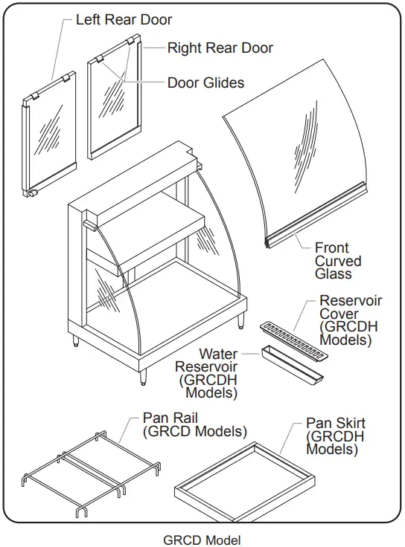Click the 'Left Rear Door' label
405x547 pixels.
coord(124,20)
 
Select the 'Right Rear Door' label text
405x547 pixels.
coord(220,48)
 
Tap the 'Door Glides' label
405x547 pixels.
coord(205,82)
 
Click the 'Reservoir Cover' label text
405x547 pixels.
coord(350,320)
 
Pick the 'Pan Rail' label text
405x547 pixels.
coord(194,424)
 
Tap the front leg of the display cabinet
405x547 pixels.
coord(144,375)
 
